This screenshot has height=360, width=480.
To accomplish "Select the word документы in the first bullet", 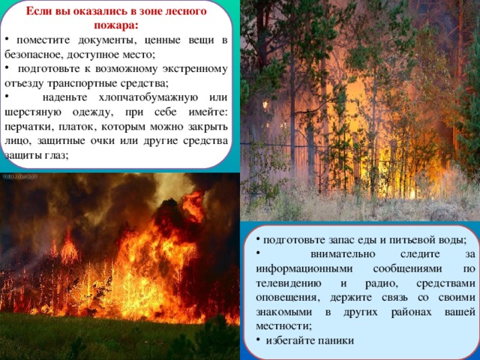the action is tap(107, 40).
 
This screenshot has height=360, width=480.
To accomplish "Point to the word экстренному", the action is tap(194, 69).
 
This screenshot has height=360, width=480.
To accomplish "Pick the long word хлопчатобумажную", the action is tap(148, 98).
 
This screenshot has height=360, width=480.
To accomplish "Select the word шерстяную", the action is tap(33, 112).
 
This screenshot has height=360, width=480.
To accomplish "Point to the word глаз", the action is tap(56, 156).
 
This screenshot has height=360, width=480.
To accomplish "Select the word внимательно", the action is tap(343, 254).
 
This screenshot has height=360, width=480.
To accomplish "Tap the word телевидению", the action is tap(288, 283).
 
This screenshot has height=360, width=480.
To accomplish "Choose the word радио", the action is tap(382, 283).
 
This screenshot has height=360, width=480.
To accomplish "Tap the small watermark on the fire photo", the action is tap(20, 176).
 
